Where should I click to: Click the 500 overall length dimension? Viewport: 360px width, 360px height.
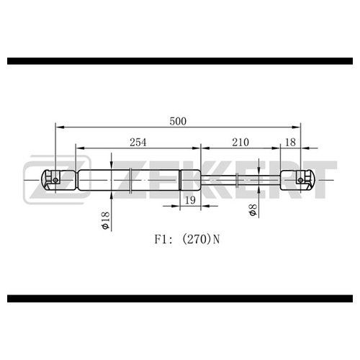coord(178,122)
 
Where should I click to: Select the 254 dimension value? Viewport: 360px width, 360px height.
coord(138,143)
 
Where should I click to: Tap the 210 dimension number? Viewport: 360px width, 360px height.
coord(240,143)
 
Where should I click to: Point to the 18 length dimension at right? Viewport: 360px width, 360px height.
coord(290,143)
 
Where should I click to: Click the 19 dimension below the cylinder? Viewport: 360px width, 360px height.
coord(190,200)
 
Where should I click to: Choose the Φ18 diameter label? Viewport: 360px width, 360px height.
coord(106,220)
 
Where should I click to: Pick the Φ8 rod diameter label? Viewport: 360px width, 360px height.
coord(253,210)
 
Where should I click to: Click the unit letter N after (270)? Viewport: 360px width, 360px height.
coord(216,239)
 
